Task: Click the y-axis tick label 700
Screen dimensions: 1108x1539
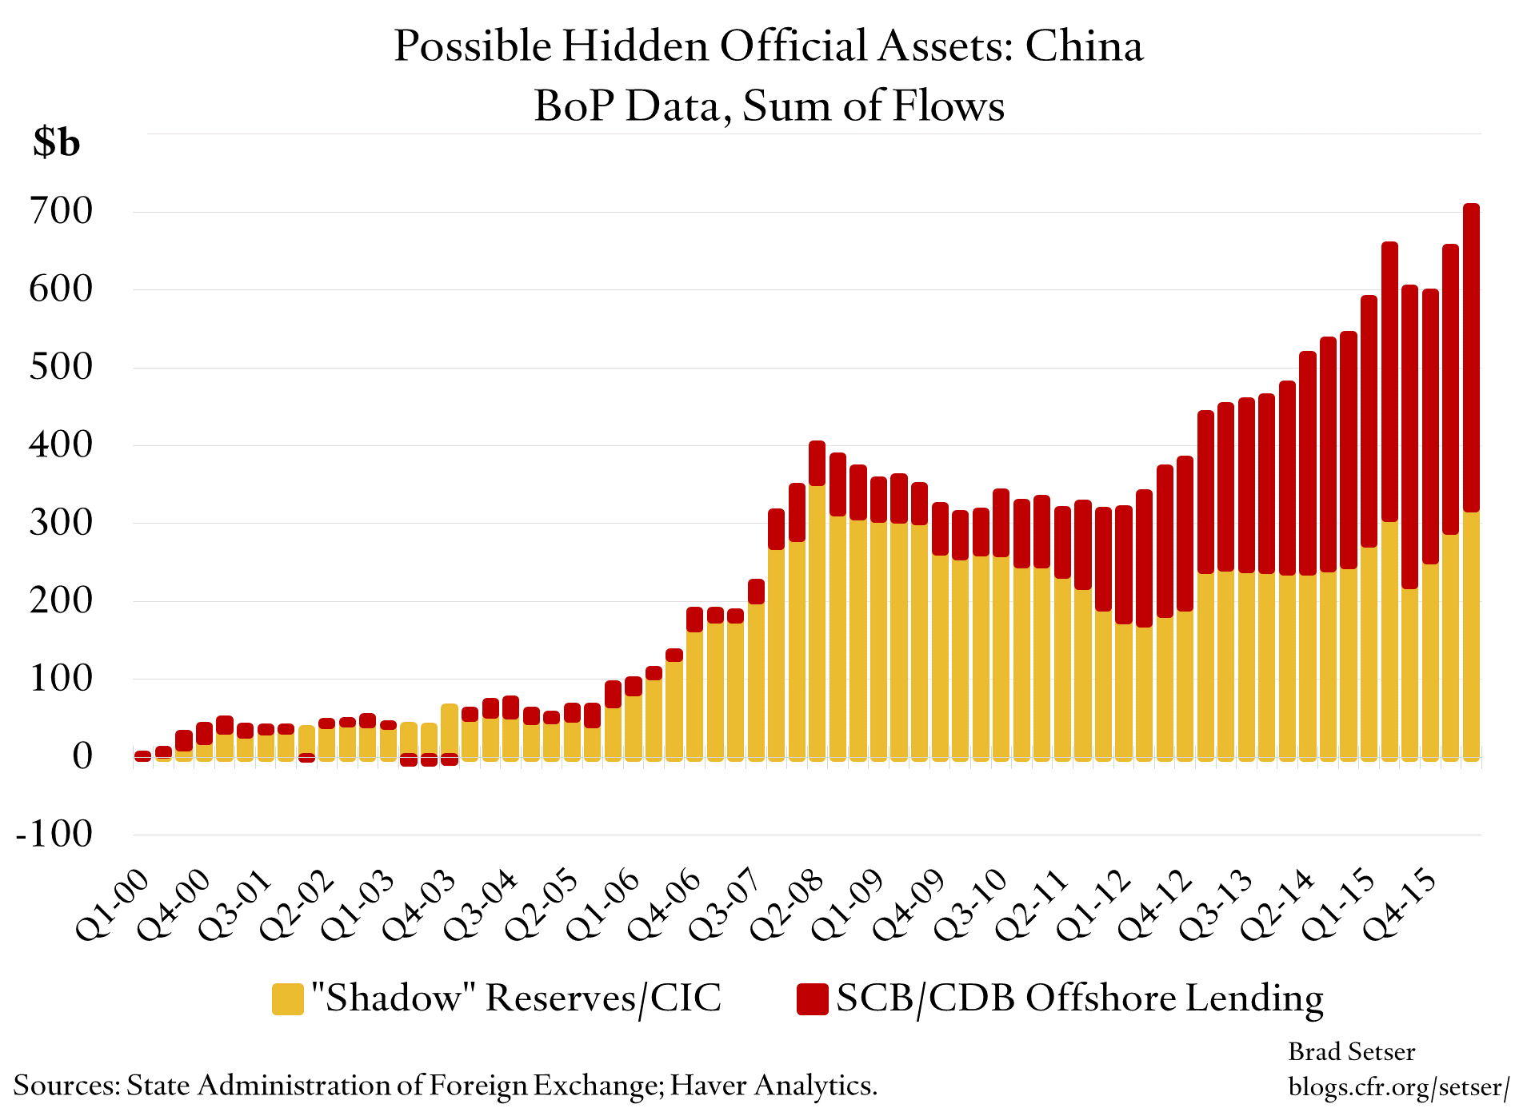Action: click(x=61, y=211)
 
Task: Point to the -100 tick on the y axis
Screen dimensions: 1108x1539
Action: click(x=54, y=834)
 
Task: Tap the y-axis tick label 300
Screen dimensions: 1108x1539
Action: click(x=61, y=523)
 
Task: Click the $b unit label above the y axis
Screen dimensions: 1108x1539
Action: click(x=56, y=142)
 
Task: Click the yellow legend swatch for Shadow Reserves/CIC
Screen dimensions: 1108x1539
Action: click(x=288, y=998)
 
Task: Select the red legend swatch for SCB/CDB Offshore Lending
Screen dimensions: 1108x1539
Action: click(x=812, y=998)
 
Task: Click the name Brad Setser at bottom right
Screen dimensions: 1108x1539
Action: click(x=1351, y=1051)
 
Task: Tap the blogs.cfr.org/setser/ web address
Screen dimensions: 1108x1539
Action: click(x=1398, y=1086)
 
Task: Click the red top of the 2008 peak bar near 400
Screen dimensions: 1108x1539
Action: click(x=817, y=462)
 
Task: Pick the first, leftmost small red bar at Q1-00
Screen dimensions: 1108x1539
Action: click(x=143, y=755)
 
